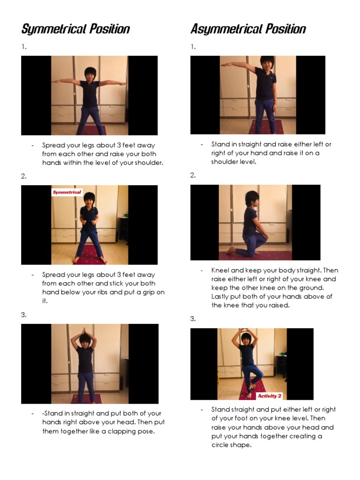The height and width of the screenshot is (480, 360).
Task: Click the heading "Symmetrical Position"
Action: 75,29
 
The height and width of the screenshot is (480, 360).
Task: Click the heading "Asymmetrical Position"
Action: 248,29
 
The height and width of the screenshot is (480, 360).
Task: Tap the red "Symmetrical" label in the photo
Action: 67,192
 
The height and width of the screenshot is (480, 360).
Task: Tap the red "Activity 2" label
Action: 270,396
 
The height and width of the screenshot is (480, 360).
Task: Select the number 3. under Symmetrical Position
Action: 24,315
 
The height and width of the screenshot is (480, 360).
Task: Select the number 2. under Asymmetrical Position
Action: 193,175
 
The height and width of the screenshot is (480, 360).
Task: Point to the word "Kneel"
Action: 220,270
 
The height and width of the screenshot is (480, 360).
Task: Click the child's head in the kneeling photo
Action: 252,198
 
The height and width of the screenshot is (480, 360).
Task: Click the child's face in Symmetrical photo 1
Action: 90,74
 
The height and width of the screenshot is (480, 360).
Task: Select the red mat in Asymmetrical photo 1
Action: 266,127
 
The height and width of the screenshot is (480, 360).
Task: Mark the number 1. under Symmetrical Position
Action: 23,47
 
